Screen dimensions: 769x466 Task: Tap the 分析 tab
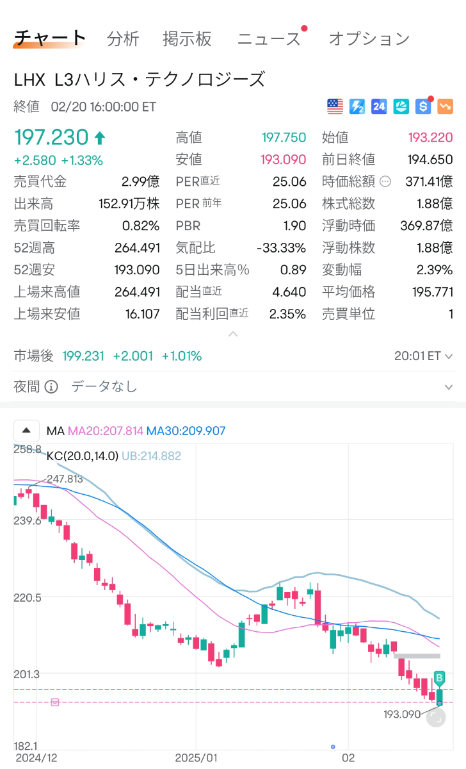click(123, 39)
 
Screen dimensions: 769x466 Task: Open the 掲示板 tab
click(187, 39)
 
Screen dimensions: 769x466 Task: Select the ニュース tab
click(269, 39)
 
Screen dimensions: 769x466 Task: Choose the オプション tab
click(369, 39)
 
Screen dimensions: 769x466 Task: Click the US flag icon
click(335, 106)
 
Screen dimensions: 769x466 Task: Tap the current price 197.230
click(51, 137)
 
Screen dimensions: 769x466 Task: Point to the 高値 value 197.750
click(284, 137)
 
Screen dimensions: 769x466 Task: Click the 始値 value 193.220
click(430, 137)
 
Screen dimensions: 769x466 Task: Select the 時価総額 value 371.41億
click(429, 181)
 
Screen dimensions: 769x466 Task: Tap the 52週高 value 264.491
click(137, 247)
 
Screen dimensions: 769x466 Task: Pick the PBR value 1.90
click(294, 226)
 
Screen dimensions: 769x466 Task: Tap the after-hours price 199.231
click(83, 356)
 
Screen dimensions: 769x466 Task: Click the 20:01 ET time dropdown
click(423, 356)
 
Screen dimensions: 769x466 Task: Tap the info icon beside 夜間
click(52, 386)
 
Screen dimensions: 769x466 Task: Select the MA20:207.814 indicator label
click(106, 431)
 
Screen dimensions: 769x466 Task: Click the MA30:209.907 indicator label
click(186, 431)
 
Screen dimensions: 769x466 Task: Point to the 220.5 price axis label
click(28, 597)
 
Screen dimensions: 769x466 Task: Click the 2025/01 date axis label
click(197, 757)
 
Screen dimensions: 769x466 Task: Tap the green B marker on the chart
click(440, 677)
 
